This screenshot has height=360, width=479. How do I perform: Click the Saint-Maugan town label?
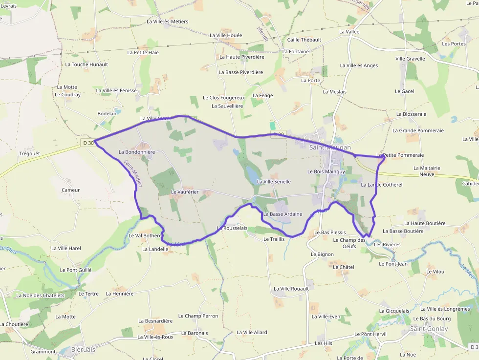[x=330, y=147]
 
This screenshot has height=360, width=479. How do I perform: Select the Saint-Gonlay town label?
[x=429, y=329]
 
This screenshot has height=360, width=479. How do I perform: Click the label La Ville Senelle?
[x=274, y=182]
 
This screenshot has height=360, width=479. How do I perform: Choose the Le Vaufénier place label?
[x=184, y=192]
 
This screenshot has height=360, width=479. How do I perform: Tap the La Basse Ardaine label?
[x=283, y=214]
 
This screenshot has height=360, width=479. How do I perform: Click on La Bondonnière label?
[x=137, y=152]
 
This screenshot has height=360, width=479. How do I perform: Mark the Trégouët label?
[x=29, y=153]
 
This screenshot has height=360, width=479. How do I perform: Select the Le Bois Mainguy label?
[x=326, y=171]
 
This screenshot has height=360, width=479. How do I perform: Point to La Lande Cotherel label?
[x=381, y=185]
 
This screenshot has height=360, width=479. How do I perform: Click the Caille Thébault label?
[x=304, y=40]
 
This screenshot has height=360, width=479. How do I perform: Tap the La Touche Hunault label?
[x=87, y=64]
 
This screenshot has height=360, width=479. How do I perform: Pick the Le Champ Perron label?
[x=198, y=316]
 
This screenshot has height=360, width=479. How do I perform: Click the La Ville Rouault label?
[x=291, y=289]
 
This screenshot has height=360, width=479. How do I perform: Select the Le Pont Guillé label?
[x=76, y=270]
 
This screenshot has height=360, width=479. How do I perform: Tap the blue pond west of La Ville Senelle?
[x=252, y=173]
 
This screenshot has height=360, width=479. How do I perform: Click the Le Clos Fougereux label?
[x=223, y=97]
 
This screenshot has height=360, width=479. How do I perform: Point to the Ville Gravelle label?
[x=410, y=59]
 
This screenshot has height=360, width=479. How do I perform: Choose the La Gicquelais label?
[x=394, y=311]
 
